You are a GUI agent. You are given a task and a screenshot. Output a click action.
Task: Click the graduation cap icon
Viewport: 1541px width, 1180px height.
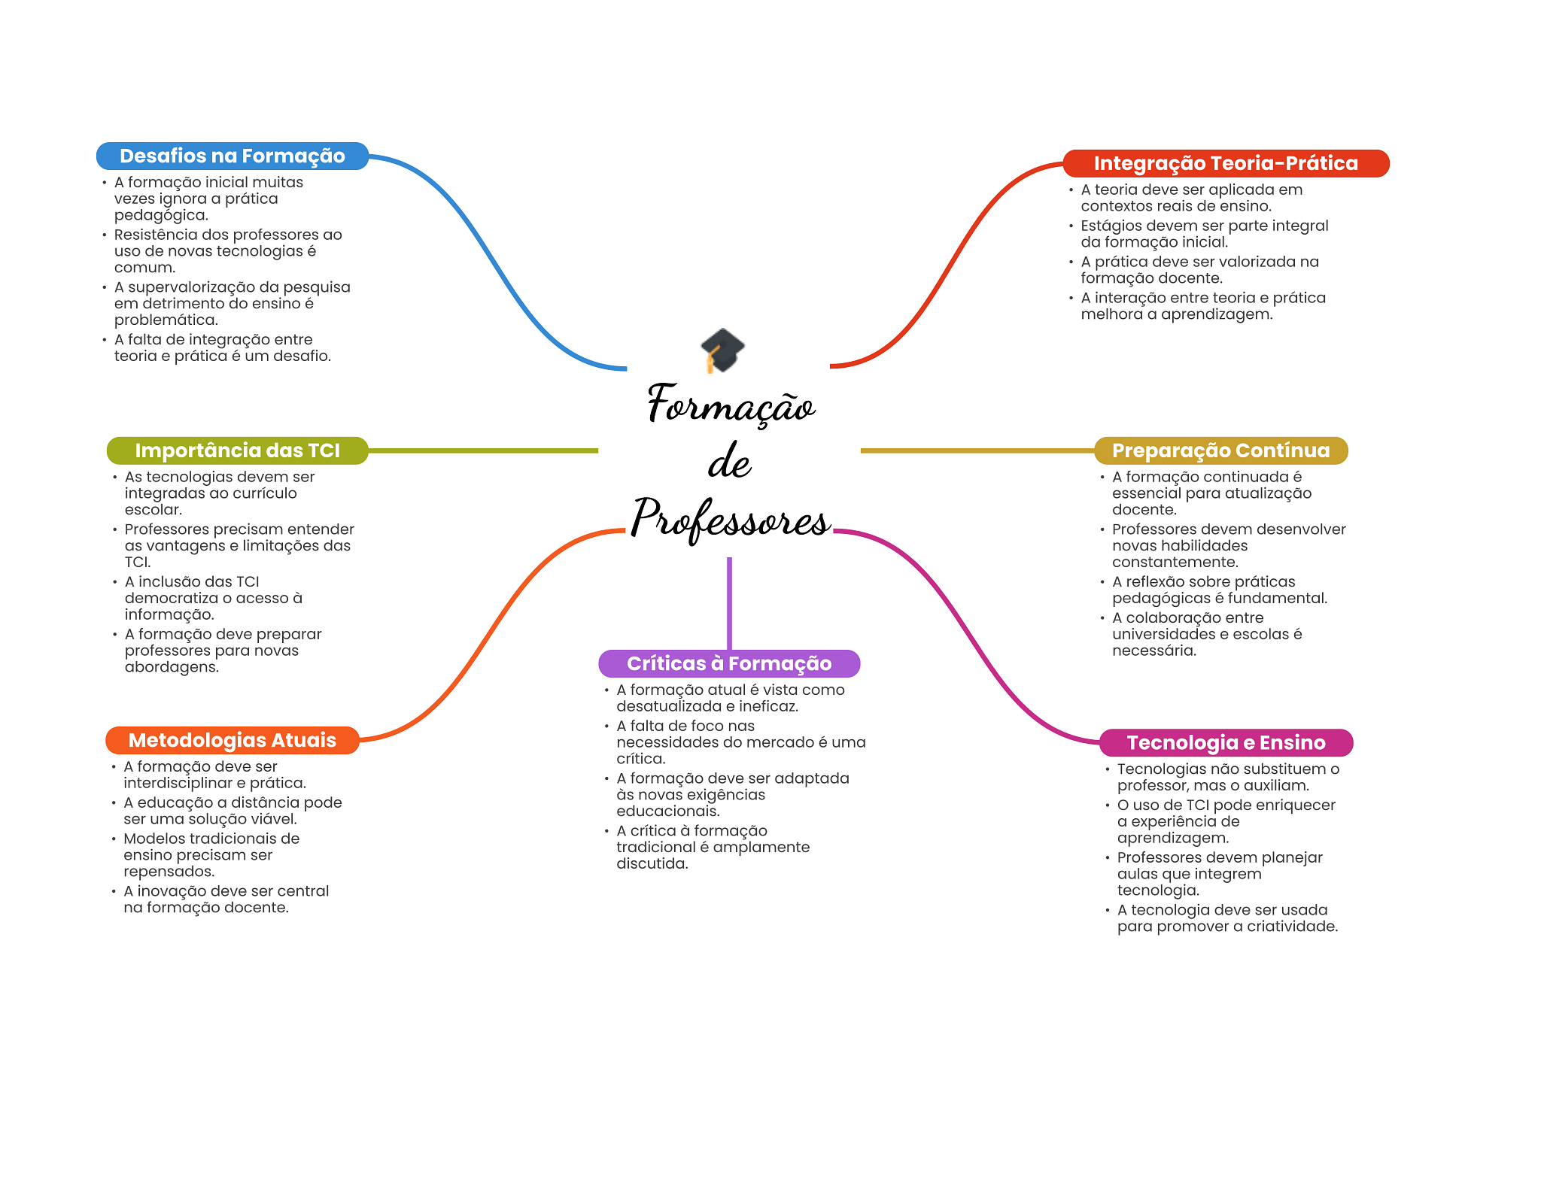[722, 350]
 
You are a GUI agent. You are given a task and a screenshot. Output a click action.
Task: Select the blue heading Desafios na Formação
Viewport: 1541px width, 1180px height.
[232, 156]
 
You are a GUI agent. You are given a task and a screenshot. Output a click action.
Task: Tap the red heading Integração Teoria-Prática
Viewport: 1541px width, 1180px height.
[1225, 164]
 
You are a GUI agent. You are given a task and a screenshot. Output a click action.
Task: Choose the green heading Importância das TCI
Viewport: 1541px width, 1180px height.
[237, 450]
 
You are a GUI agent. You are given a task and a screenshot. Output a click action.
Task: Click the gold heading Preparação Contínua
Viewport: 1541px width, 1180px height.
[1220, 450]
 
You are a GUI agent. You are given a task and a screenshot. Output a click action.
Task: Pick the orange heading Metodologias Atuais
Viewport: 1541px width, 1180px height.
[232, 740]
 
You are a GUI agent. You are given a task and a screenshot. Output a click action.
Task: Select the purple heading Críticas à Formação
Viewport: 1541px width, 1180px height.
[728, 663]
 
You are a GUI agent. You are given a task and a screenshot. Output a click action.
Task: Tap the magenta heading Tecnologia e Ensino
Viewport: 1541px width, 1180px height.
[1225, 743]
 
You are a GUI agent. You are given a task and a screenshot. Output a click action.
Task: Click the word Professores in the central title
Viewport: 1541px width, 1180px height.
[730, 519]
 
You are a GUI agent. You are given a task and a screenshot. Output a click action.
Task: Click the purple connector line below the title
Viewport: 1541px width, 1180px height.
[729, 602]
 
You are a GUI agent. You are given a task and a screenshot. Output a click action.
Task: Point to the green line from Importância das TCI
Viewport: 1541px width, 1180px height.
[482, 450]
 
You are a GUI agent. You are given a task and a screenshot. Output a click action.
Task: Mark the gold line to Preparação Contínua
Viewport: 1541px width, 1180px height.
[978, 450]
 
